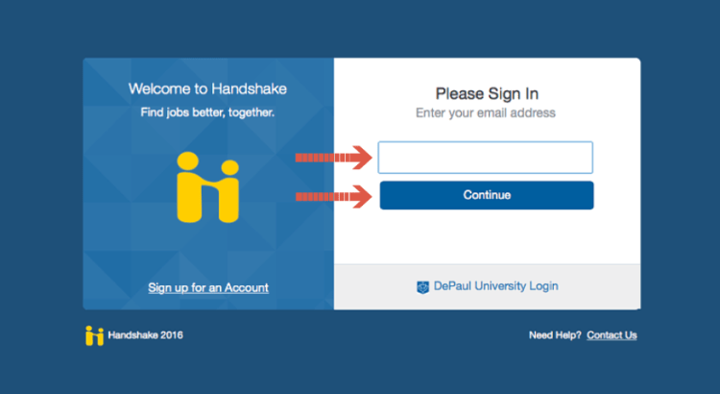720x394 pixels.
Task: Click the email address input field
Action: coord(486,158)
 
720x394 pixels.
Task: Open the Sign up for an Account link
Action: coord(208,287)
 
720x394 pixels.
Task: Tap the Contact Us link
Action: coord(612,335)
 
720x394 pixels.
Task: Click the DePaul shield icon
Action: coord(423,287)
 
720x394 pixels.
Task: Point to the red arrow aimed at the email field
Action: coord(333,158)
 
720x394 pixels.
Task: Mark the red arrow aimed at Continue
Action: coord(333,197)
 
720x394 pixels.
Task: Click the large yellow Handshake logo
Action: coord(208,187)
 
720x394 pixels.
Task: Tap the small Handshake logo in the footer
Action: coord(95,335)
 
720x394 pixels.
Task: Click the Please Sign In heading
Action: coord(487,94)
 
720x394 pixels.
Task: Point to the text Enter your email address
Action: coord(486,113)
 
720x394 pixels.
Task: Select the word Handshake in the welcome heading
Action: coord(250,88)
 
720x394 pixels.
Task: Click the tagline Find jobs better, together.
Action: coord(207,112)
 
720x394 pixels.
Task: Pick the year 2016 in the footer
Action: coord(172,335)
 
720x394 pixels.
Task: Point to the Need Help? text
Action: coord(555,335)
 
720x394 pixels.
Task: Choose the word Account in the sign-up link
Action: coord(247,287)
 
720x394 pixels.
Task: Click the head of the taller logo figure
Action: coord(188,160)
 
